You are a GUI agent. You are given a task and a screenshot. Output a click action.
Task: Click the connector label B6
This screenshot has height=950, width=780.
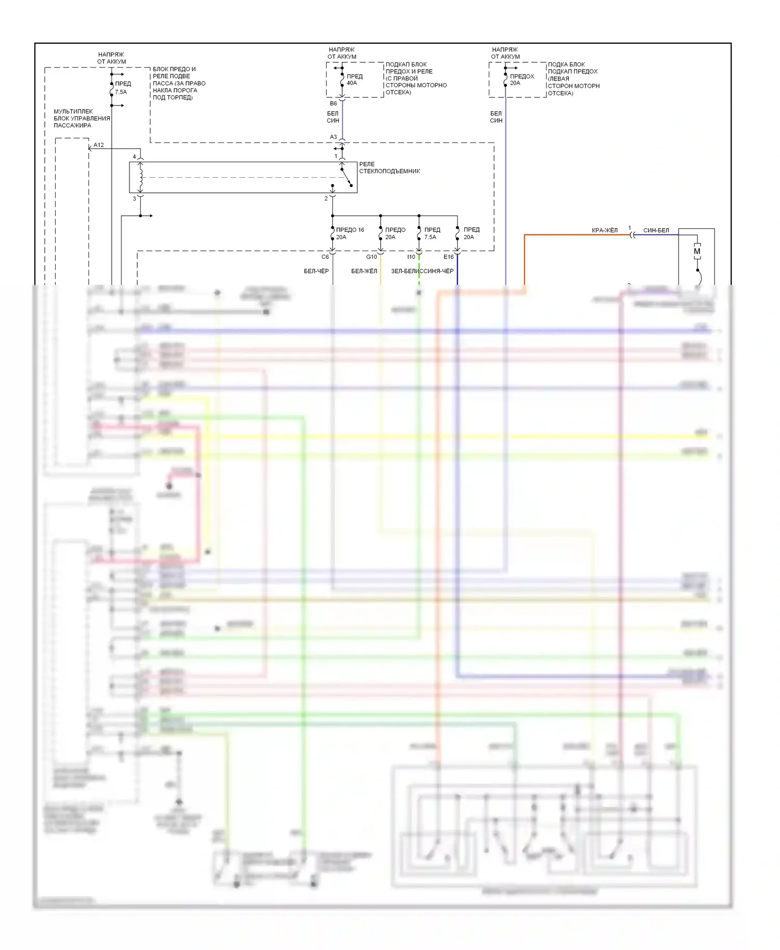(x=333, y=103)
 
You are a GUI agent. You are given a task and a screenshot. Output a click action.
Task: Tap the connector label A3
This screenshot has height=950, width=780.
(x=333, y=137)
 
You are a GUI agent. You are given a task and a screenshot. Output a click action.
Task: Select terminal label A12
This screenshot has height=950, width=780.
(x=99, y=145)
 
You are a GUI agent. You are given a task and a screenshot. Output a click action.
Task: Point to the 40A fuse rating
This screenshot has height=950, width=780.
(x=352, y=83)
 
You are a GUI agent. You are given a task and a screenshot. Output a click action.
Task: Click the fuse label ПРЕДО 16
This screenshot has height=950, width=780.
(x=350, y=230)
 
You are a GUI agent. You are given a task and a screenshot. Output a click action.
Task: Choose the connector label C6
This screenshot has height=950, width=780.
(x=325, y=257)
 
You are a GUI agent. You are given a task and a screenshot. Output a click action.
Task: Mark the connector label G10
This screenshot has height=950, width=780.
(x=371, y=257)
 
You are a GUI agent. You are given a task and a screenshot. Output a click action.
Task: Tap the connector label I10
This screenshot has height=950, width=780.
(x=411, y=257)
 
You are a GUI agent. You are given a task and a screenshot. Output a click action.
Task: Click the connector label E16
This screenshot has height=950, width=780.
(x=448, y=257)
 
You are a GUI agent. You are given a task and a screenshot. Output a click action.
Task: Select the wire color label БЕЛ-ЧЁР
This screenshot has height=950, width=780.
(x=316, y=271)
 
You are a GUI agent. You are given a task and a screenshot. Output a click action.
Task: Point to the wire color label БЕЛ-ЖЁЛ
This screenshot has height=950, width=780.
(x=364, y=271)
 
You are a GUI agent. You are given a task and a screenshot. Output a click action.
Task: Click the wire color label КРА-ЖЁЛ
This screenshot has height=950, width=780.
(x=604, y=230)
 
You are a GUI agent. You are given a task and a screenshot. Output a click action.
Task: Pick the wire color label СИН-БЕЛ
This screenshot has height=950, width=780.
(x=656, y=230)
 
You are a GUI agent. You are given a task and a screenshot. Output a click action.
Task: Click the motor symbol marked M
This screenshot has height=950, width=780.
(x=697, y=252)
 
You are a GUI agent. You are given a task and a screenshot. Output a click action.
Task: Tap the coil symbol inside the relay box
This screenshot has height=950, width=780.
(x=140, y=177)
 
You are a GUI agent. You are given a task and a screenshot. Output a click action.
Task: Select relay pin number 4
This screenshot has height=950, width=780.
(x=134, y=157)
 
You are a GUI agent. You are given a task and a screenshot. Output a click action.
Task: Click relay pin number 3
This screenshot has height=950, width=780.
(x=134, y=199)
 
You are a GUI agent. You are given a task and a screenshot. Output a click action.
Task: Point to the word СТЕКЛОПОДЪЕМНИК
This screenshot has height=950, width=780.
(x=389, y=171)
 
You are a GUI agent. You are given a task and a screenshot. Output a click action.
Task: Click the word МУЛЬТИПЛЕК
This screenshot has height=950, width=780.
(x=73, y=111)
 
